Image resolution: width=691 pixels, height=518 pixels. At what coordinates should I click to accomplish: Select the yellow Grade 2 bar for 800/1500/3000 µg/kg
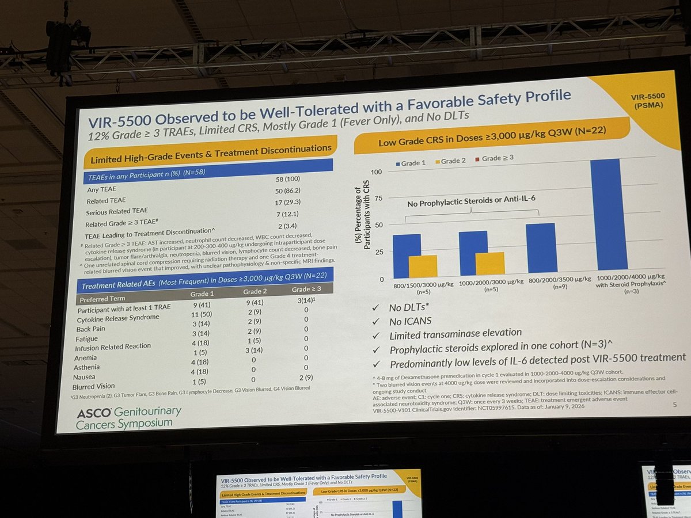coord(423,266)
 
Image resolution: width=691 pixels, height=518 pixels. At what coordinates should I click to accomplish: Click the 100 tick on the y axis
coord(378,172)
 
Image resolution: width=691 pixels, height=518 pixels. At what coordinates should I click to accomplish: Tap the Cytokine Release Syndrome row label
coord(119,318)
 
